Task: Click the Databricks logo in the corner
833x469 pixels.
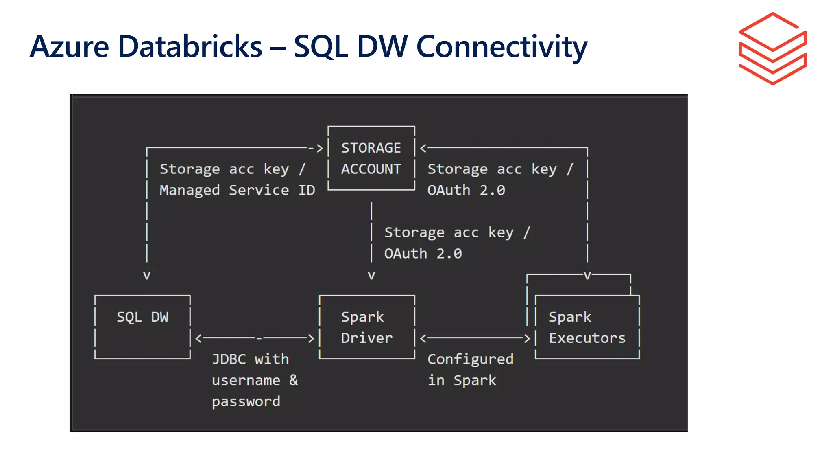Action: pos(772,49)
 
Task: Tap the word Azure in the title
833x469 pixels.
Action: pos(69,47)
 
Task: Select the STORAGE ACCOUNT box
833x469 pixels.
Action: pos(371,158)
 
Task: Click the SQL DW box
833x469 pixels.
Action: pos(142,327)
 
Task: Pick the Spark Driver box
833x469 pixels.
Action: pos(367,327)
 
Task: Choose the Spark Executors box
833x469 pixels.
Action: pos(587,327)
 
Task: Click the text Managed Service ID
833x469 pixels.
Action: pos(237,190)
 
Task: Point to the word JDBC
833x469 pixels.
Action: pos(229,359)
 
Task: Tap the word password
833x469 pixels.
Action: pos(246,401)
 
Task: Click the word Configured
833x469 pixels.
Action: pos(470,359)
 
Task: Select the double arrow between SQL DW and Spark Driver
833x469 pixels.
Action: pos(255,338)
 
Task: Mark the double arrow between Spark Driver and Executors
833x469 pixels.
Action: pos(475,338)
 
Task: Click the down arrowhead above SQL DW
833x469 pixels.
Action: pos(147,275)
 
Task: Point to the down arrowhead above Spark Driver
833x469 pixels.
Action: pos(371,275)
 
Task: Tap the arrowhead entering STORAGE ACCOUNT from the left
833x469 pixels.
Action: pos(320,148)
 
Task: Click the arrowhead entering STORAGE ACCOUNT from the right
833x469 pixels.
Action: pos(423,148)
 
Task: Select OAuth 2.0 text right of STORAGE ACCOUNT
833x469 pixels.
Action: pos(466,190)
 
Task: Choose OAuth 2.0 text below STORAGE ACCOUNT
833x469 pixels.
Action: pos(423,254)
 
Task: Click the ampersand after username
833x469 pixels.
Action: pos(294,380)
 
